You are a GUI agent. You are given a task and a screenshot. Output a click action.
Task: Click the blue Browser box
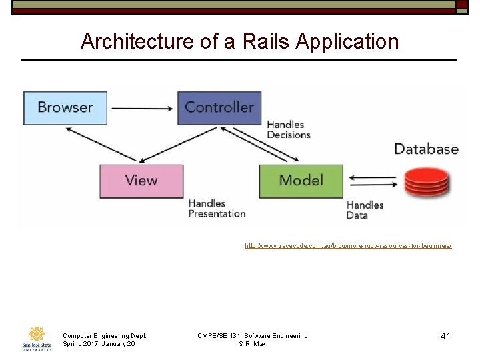65,107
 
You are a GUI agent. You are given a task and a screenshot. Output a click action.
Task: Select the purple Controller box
219,107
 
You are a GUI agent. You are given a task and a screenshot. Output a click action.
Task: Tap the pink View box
141,181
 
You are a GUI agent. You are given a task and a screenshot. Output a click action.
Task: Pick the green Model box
301,181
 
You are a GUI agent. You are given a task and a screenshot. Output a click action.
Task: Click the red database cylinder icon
427,182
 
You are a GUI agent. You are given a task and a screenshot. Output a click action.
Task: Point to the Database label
426,149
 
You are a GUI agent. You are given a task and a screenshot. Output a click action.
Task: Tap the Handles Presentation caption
217,208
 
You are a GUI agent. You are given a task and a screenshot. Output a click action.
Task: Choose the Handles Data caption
365,210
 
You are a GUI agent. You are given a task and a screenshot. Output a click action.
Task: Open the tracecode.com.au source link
348,246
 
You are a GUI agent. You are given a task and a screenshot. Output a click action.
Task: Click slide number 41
445,336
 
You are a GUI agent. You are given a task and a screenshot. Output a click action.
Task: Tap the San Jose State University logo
36,338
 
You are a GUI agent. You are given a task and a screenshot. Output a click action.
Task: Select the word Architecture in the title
137,42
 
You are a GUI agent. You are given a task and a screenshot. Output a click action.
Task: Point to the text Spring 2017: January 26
99,344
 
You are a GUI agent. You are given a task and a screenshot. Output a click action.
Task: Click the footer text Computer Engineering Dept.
104,336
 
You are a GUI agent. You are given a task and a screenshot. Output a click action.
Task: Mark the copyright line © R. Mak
252,344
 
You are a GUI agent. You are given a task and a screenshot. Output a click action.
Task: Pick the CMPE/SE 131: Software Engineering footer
253,336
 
